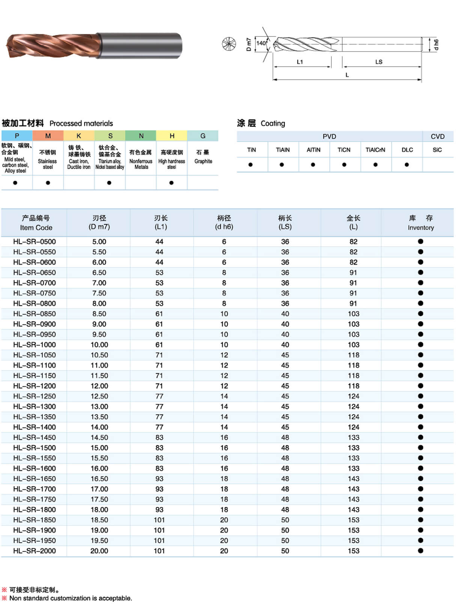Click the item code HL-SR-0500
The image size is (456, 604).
(35, 242)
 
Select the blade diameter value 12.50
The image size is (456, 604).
(99, 396)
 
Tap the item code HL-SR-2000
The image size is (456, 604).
(35, 551)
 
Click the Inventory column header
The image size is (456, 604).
(420, 223)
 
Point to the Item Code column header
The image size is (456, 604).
(36, 223)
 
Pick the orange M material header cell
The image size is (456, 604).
(48, 136)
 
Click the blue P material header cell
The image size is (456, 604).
(17, 136)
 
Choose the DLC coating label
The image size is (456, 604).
(407, 150)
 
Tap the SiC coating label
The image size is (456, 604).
(437, 150)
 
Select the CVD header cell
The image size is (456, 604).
(438, 136)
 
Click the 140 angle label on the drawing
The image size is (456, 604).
(261, 43)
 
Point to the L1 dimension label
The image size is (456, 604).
(299, 62)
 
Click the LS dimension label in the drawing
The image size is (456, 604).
(379, 62)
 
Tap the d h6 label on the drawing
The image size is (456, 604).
(436, 44)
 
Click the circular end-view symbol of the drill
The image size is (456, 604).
(229, 44)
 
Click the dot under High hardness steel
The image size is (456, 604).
(172, 183)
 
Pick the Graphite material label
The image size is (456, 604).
(203, 161)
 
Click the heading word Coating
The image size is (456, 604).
(273, 123)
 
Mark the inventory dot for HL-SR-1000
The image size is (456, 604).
(420, 345)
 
